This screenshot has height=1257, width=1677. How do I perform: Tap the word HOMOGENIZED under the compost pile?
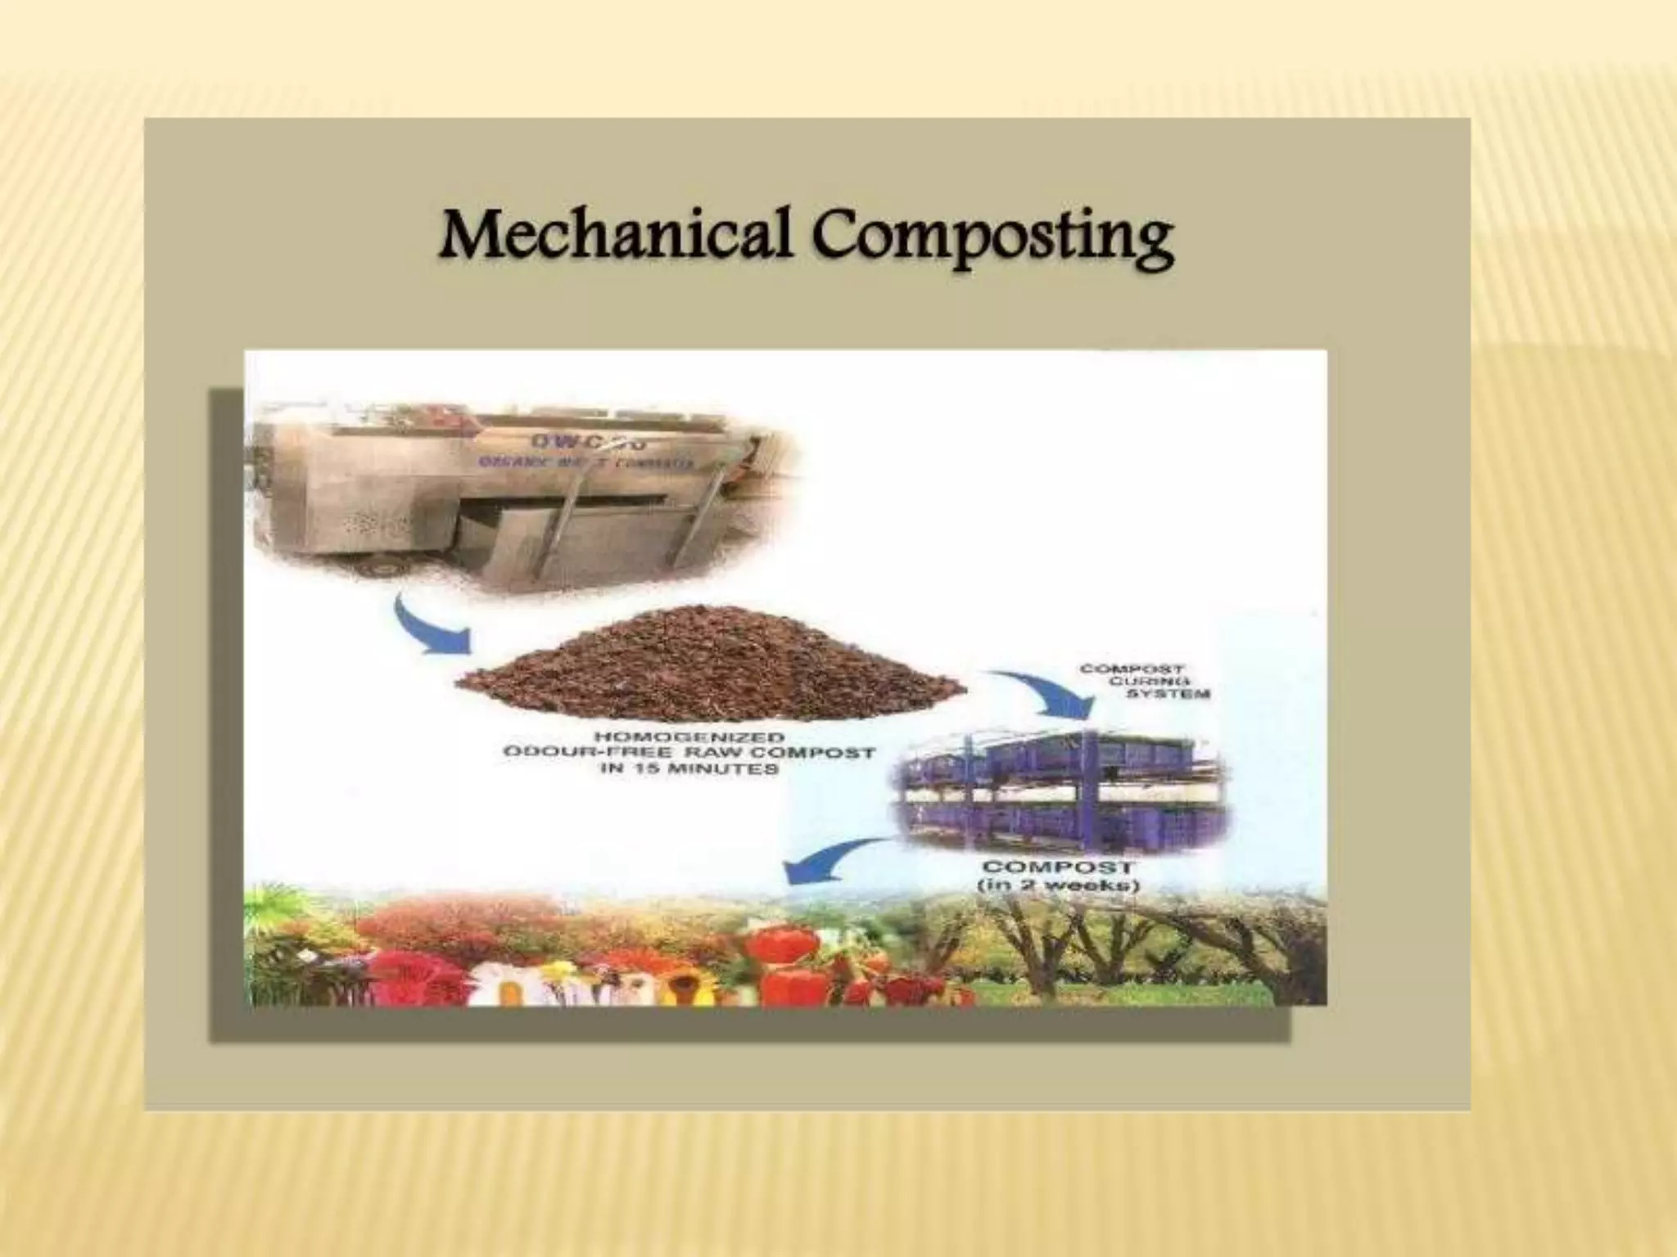[689, 737]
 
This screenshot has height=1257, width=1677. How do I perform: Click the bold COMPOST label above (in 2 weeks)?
[1058, 867]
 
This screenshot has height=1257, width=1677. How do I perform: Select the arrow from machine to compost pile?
[426, 628]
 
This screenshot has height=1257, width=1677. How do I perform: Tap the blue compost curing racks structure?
[1065, 786]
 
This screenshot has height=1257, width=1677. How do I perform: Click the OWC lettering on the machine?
[588, 442]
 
